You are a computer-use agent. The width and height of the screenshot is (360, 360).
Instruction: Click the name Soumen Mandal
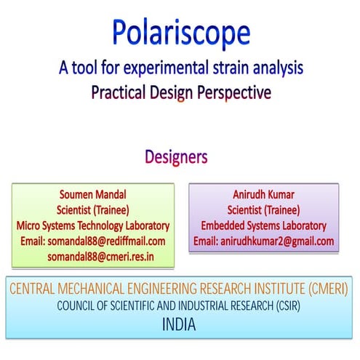tap(92, 194)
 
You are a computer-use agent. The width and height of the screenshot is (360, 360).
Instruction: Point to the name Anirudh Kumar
tap(265, 194)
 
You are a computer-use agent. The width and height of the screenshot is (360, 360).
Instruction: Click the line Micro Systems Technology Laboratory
tap(92, 225)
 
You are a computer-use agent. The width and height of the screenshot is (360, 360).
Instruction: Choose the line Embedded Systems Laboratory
tap(265, 225)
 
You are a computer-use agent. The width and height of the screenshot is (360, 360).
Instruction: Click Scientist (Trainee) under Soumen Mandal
tap(92, 210)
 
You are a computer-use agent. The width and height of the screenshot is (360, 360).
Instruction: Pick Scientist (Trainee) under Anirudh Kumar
tap(265, 210)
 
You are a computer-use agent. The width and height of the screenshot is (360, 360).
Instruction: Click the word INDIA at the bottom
tap(178, 324)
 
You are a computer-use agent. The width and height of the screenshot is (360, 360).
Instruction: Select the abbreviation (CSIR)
tap(284, 308)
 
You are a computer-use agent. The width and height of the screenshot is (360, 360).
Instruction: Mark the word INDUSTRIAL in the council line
tap(201, 308)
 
